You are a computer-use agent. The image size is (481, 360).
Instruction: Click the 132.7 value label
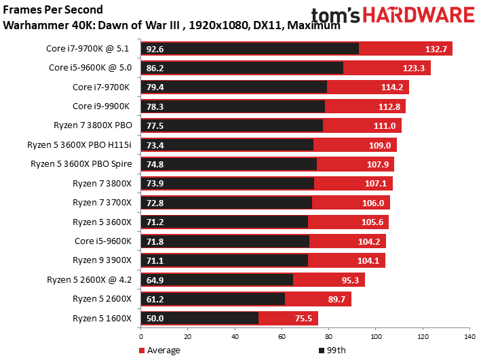point(436,49)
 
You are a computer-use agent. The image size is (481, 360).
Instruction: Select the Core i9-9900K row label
point(101,106)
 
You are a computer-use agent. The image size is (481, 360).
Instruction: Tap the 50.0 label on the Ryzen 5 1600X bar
point(155,318)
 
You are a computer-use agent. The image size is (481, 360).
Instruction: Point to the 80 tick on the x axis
point(329,336)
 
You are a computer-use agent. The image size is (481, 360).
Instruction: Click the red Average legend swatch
point(142,351)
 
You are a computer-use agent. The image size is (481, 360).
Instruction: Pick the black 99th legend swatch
point(322,351)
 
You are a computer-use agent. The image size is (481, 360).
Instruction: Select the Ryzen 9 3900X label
point(102,260)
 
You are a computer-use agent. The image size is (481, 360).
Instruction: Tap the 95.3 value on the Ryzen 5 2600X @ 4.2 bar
point(350,280)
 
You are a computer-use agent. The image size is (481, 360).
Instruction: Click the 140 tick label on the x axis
point(469,336)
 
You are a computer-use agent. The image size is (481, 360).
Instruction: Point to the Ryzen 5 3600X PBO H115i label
point(79,144)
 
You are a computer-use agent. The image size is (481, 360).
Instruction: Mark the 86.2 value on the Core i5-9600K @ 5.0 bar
point(155,68)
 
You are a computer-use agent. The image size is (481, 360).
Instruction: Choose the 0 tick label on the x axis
point(141,336)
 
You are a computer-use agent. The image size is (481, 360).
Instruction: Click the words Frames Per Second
point(53,9)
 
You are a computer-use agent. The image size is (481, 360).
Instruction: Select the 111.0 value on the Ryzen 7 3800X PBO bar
point(385,125)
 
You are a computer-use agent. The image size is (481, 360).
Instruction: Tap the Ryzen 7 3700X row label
point(102,203)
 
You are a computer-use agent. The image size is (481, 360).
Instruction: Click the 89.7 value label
point(336,299)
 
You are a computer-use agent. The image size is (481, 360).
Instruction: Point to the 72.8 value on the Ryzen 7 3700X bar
point(155,203)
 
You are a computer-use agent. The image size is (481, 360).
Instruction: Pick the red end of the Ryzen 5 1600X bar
point(318,318)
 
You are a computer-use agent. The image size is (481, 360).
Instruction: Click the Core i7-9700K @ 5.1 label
point(88,49)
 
